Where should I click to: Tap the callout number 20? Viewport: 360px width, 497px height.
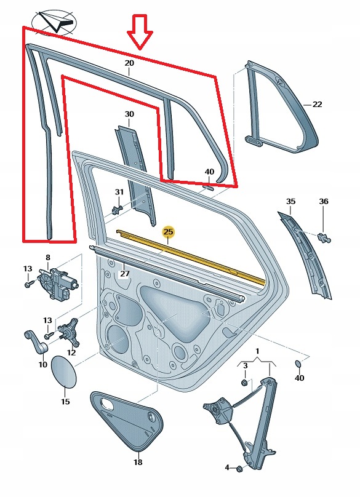coord(129,63)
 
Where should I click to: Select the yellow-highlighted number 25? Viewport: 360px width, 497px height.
coord(168,232)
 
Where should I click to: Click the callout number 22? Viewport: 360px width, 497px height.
coord(317,105)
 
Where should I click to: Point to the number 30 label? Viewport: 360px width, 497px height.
coord(129,114)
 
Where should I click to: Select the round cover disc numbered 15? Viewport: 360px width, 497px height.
coord(64,372)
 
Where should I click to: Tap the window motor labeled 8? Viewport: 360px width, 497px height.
coord(57,283)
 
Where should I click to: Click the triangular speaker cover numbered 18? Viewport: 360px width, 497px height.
coord(127,420)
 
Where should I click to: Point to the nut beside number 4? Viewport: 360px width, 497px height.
coord(239,467)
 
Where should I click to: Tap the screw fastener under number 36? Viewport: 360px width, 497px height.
coord(324,238)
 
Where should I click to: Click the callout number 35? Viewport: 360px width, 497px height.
coord(290,201)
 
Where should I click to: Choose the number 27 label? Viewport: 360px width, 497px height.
coord(125,273)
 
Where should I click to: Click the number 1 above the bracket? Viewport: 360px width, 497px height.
coord(257,351)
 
